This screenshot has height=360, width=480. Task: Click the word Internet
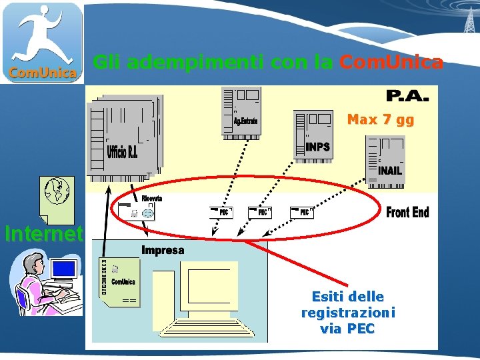(43, 234)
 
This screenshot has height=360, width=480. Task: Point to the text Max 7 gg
(380, 120)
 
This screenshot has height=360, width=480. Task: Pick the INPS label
(317, 147)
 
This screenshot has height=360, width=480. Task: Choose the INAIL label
(390, 170)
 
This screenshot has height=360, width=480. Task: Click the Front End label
(407, 213)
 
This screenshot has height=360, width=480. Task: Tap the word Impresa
(163, 250)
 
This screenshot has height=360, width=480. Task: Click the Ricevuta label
(151, 199)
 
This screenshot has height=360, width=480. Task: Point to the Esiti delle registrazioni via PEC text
(347, 312)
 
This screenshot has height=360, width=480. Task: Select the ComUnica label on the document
(123, 282)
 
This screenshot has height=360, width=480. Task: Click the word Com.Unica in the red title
(391, 63)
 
